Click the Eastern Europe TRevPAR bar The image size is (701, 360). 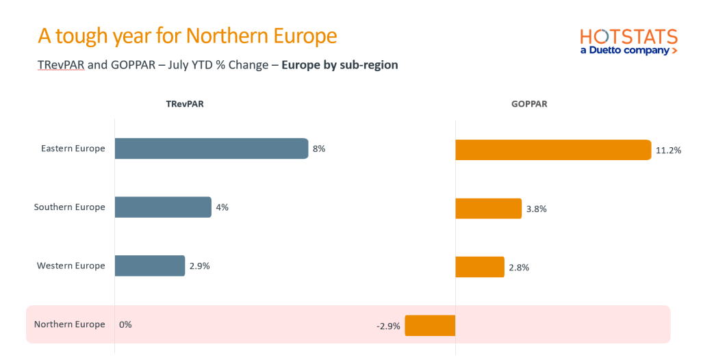tap(211, 149)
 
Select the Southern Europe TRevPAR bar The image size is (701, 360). tap(163, 207)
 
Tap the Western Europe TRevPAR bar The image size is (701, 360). tap(150, 266)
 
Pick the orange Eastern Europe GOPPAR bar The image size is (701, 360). tap(553, 150)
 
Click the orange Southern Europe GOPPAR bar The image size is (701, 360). tap(488, 208)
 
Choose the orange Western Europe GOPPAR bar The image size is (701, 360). tap(480, 267)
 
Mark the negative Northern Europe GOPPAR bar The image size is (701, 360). tap(430, 325)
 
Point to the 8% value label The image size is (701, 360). tap(319, 149)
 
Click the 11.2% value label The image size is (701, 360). tap(668, 151)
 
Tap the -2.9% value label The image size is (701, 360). tap(388, 326)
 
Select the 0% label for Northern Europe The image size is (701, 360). tap(125, 324)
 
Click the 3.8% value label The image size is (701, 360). tap(537, 209)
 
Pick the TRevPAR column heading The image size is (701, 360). tap(184, 105)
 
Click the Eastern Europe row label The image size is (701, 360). tap(73, 149)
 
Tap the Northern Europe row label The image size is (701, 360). tap(70, 324)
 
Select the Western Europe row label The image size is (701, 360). tap(71, 266)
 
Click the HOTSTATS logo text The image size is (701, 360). tap(628, 37)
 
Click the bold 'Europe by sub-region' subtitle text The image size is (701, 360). tap(340, 66)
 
